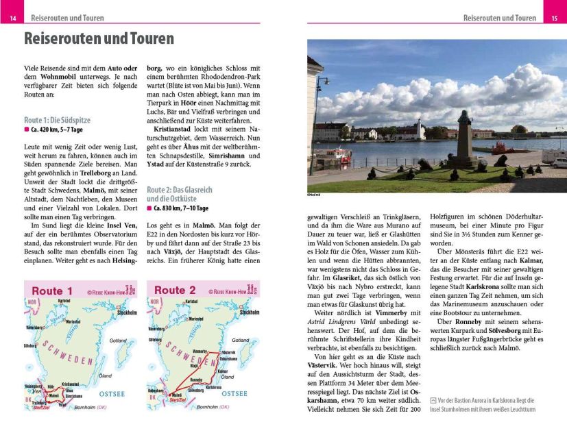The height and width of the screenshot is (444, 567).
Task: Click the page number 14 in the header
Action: (x=12, y=18)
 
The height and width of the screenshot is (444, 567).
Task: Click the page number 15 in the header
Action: (x=554, y=18)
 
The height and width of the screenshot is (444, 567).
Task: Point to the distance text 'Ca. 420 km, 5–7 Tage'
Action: (x=56, y=129)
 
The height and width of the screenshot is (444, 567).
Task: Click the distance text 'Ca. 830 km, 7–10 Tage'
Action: (x=181, y=208)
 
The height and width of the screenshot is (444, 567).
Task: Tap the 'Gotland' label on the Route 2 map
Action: (x=240, y=340)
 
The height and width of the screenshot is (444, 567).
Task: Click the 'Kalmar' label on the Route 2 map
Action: (x=222, y=371)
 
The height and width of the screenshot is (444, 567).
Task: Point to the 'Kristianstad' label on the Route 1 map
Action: (x=71, y=384)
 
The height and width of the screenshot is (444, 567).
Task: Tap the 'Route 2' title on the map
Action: (x=175, y=290)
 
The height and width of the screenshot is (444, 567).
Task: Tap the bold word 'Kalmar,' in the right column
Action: (x=528, y=260)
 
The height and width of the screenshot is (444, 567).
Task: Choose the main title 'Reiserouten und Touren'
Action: (x=99, y=38)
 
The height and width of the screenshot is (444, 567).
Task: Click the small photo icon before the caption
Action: (x=433, y=400)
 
